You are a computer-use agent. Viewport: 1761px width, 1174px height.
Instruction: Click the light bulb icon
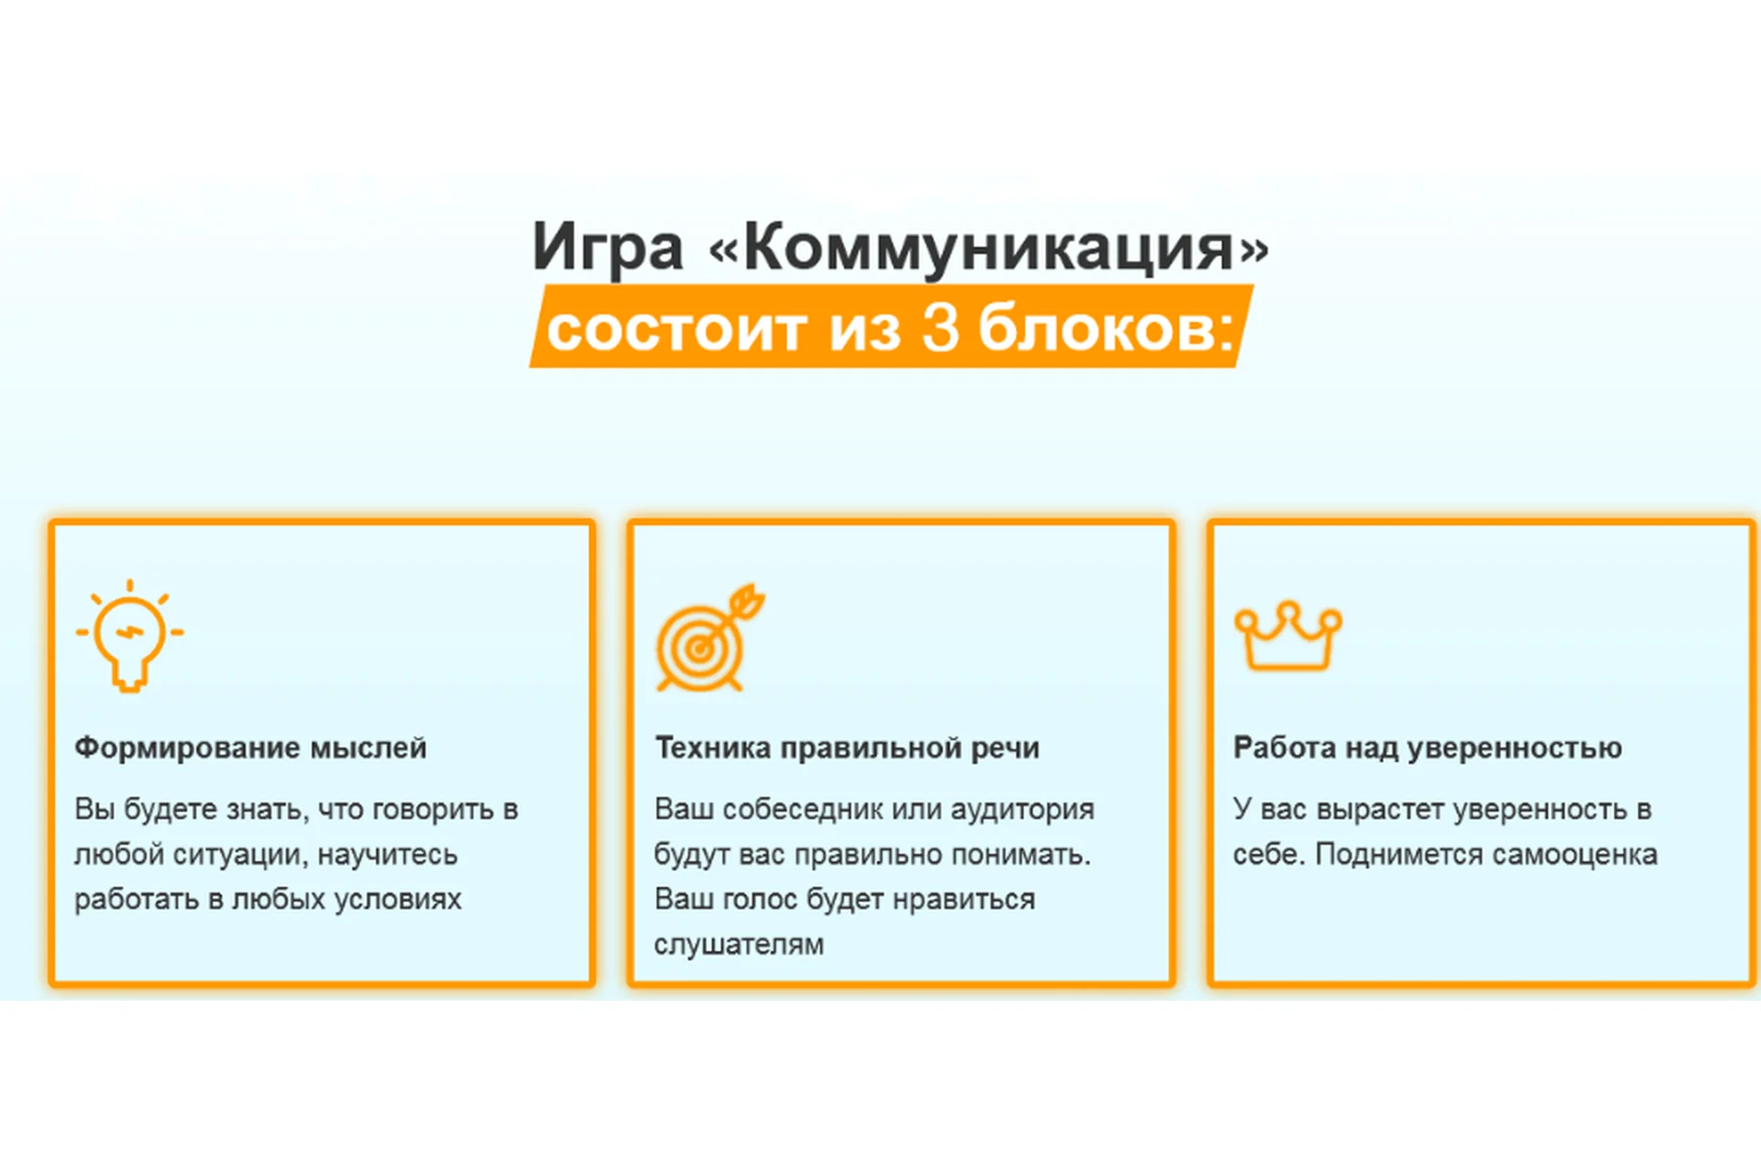click(x=130, y=636)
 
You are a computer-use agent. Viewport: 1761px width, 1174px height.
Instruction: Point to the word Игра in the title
click(x=608, y=248)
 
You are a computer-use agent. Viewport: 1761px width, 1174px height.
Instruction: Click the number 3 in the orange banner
click(x=940, y=328)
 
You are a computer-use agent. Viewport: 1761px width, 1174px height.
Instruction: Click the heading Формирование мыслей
click(x=250, y=748)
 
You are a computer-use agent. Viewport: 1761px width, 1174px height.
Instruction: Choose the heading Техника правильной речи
click(x=847, y=748)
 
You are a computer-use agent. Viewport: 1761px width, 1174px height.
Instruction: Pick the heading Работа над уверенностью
click(x=1427, y=748)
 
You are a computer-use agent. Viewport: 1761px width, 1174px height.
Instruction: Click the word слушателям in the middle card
click(x=738, y=945)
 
